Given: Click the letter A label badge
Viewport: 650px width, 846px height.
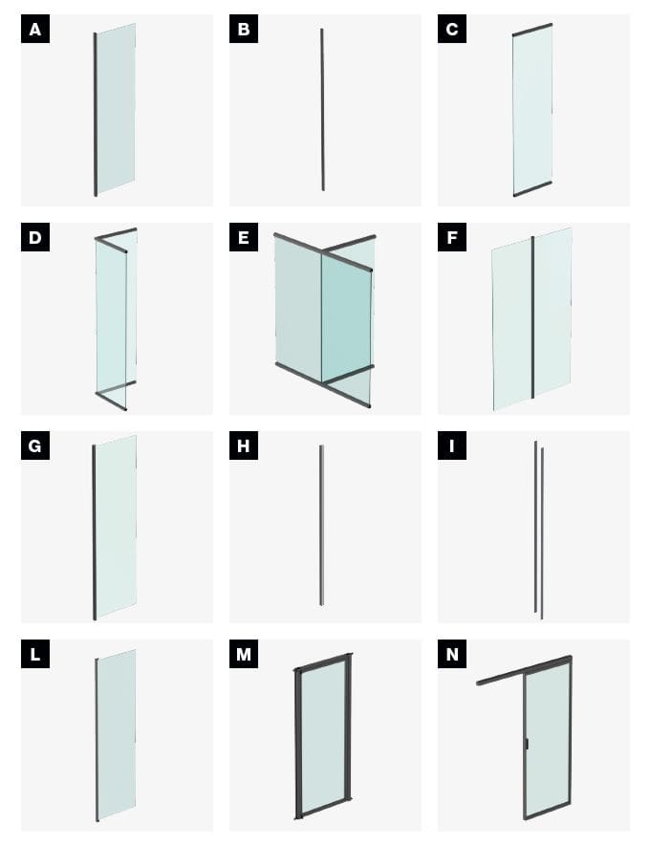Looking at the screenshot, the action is click(x=35, y=29).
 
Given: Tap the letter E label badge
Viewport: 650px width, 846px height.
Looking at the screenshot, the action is click(x=244, y=237).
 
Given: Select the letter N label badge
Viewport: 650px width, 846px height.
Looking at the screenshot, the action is click(x=452, y=654).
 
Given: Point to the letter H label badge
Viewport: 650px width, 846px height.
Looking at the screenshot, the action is click(x=244, y=445).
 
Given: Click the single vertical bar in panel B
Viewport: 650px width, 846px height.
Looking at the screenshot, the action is click(x=322, y=110).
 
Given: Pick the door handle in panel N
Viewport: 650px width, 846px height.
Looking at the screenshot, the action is click(x=527, y=744).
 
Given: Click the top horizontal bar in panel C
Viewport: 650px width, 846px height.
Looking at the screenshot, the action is click(x=531, y=30).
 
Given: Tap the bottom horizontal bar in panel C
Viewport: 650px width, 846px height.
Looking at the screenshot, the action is click(x=532, y=188).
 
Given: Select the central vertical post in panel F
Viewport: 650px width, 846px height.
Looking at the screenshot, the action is click(x=533, y=317).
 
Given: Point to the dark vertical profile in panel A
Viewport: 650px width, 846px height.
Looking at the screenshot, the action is click(x=96, y=115).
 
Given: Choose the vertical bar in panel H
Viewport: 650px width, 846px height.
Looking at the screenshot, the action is click(x=321, y=525).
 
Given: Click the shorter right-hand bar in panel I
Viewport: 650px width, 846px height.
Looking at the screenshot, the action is click(x=542, y=533).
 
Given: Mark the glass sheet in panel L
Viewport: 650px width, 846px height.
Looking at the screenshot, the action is click(x=117, y=735).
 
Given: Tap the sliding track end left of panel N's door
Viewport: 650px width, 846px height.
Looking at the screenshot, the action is click(x=479, y=683).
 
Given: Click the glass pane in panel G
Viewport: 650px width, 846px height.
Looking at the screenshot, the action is click(x=116, y=526).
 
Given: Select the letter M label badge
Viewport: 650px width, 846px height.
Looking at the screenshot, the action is click(x=244, y=654).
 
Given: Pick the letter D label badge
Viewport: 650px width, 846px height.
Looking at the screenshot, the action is click(x=35, y=237).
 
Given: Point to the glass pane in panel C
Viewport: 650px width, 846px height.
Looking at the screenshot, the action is click(x=532, y=110).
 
